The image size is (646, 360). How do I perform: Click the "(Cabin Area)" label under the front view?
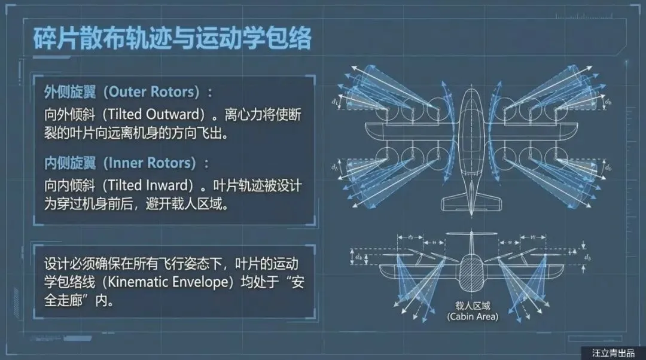[472, 316]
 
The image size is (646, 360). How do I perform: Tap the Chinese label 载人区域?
[472, 304]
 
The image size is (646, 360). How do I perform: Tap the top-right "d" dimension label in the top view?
[608, 102]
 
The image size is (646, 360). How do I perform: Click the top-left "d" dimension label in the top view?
[336, 102]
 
